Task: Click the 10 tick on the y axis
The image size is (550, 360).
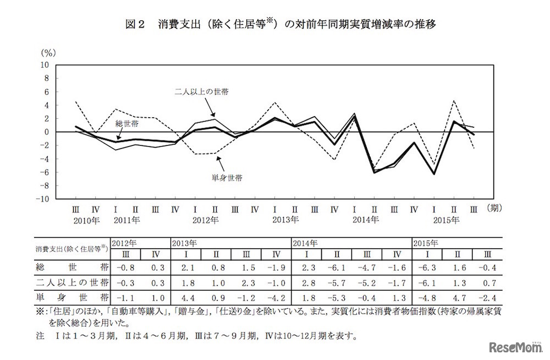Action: [x=45, y=64]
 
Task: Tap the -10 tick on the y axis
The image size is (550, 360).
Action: [x=43, y=199]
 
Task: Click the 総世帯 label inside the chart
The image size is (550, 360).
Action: [x=127, y=124]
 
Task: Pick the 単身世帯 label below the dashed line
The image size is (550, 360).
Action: [x=228, y=178]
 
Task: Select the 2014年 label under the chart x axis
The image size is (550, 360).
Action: [x=365, y=221]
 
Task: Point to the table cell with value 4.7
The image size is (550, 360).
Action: [x=457, y=297]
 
